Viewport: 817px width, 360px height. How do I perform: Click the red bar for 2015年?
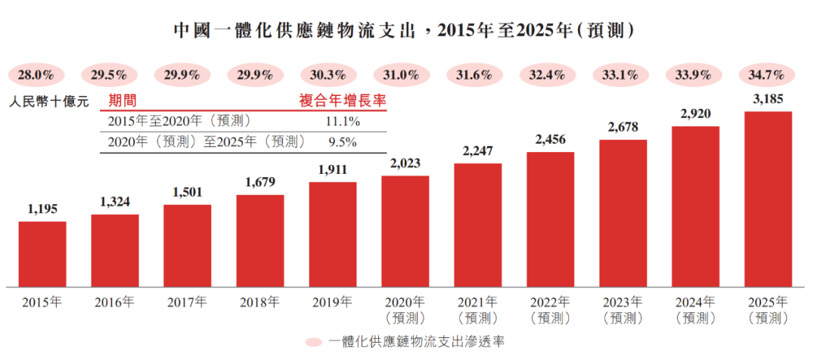click(x=42, y=253)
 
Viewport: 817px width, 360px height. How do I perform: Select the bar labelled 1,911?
click(x=333, y=234)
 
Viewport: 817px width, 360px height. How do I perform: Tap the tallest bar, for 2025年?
click(x=768, y=199)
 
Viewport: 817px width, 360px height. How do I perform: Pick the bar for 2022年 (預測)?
click(x=550, y=219)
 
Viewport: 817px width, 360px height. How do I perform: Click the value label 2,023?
click(x=405, y=163)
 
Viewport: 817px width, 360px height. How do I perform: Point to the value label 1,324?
click(x=115, y=202)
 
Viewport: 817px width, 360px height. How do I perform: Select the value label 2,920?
click(x=696, y=114)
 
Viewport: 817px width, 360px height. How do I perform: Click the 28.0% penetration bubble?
click(x=36, y=76)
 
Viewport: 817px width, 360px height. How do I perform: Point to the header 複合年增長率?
click(x=343, y=101)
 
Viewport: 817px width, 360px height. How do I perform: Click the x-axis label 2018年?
click(x=260, y=302)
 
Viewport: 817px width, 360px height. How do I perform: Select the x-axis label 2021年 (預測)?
click(x=477, y=309)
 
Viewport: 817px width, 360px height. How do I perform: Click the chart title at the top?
click(x=404, y=30)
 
